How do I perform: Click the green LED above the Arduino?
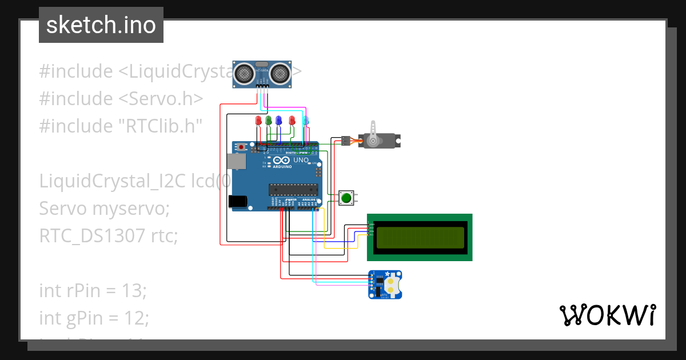[268, 121]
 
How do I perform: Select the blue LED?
[278, 121]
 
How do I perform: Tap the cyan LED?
[306, 121]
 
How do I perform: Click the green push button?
[346, 198]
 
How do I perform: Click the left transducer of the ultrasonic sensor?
[245, 73]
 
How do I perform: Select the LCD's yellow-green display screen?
[420, 237]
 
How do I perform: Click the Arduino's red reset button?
[242, 147]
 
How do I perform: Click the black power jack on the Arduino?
[237, 201]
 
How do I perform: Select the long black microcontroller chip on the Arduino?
[293, 189]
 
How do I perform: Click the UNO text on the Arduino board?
[301, 161]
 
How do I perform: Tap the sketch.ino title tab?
[101, 25]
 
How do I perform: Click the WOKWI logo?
[607, 315]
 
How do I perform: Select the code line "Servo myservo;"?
[104, 209]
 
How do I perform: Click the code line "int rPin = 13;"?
[93, 290]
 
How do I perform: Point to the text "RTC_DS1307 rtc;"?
[109, 235]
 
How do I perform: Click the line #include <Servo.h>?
[121, 98]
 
